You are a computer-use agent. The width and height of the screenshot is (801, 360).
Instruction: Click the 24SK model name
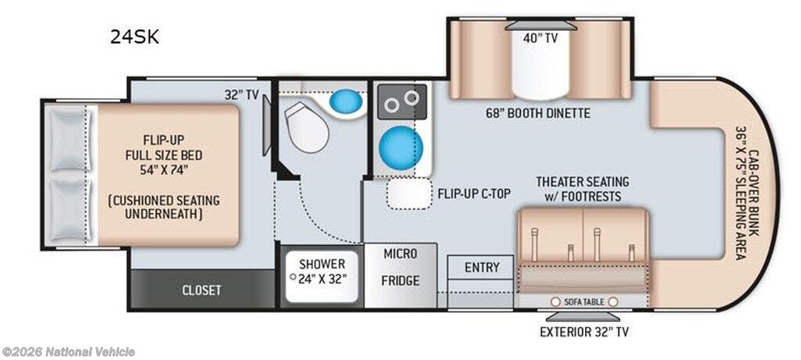pyautogui.click(x=135, y=38)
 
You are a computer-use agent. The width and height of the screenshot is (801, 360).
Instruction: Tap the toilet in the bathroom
pyautogui.click(x=307, y=126)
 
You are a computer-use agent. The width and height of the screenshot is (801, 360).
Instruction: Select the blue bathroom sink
pyautogui.click(x=346, y=101)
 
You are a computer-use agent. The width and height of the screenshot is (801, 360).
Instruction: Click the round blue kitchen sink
pyautogui.click(x=401, y=146)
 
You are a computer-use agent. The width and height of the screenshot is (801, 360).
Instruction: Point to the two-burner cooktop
pyautogui.click(x=402, y=102)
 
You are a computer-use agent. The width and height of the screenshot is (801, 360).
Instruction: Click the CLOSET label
pyautogui.click(x=202, y=290)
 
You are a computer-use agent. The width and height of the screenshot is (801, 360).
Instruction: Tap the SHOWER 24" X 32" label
pyautogui.click(x=322, y=272)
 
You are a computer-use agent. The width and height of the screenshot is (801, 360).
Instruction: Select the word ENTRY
pyautogui.click(x=482, y=267)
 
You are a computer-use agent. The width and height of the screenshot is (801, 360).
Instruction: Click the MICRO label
pyautogui.click(x=400, y=253)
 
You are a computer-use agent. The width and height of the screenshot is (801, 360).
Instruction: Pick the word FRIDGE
pyautogui.click(x=401, y=281)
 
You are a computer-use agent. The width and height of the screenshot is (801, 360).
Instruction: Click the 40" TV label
pyautogui.click(x=540, y=38)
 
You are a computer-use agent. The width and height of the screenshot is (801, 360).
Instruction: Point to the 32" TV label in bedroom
pyautogui.click(x=242, y=95)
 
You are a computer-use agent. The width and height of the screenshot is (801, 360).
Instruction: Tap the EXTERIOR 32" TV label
pyautogui.click(x=584, y=332)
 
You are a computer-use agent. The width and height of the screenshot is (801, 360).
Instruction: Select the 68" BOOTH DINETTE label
pyautogui.click(x=538, y=113)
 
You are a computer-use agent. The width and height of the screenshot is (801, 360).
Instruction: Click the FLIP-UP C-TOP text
pyautogui.click(x=475, y=194)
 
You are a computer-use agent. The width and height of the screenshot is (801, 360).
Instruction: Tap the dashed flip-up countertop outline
pyautogui.click(x=409, y=194)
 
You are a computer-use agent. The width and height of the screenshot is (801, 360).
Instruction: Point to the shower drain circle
pyautogui.click(x=293, y=277)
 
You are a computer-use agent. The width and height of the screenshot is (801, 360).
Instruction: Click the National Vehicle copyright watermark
pyautogui.click(x=69, y=352)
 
